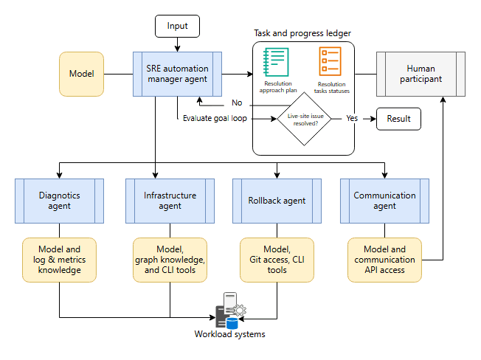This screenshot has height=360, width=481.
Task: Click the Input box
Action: pyautogui.click(x=177, y=27)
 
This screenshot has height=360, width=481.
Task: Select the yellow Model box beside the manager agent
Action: pyautogui.click(x=81, y=74)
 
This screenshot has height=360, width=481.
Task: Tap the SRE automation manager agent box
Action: pyautogui.click(x=177, y=74)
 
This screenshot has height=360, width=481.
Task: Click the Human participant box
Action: pyautogui.click(x=421, y=74)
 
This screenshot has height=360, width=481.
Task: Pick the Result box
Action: pyautogui.click(x=398, y=119)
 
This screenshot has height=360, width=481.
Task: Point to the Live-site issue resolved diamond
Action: pyautogui.click(x=304, y=119)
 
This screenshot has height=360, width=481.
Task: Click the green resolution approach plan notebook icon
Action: pyautogui.click(x=276, y=62)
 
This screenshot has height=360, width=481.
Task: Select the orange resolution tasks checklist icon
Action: pyautogui.click(x=330, y=61)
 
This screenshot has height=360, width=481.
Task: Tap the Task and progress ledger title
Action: pyautogui.click(x=302, y=33)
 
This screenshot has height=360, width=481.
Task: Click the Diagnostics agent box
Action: pyautogui.click(x=59, y=201)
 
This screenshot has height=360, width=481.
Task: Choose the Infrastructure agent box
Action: pyautogui.click(x=170, y=201)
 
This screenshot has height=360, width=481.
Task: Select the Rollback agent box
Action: pyautogui.click(x=277, y=201)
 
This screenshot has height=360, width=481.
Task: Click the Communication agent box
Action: pyautogui.click(x=384, y=201)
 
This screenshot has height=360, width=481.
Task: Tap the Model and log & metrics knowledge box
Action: pyautogui.click(x=59, y=260)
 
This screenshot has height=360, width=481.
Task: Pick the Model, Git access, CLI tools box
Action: pyautogui.click(x=277, y=260)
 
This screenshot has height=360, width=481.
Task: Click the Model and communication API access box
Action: pyautogui.click(x=384, y=260)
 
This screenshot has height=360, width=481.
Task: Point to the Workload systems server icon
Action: pyautogui.click(x=231, y=311)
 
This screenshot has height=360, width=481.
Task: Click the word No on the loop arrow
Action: pyautogui.click(x=237, y=103)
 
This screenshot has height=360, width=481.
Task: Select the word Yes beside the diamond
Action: pyautogui.click(x=352, y=118)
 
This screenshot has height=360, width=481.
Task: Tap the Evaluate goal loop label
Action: pyautogui.click(x=215, y=118)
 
